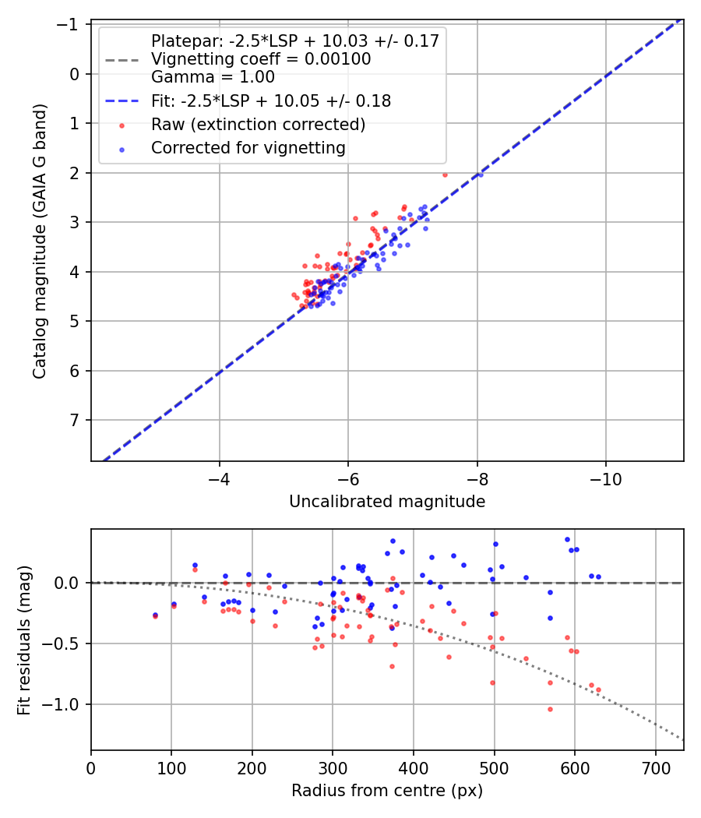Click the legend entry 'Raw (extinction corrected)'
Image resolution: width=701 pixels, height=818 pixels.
click(258, 125)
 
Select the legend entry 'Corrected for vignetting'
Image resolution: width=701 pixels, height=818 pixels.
click(248, 147)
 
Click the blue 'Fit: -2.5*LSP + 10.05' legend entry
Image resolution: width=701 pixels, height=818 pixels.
click(270, 101)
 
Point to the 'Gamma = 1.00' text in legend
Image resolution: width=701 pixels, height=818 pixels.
click(213, 77)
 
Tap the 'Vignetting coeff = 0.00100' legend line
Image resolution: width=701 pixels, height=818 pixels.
click(260, 59)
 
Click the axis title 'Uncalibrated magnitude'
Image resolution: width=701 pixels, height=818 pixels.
click(387, 502)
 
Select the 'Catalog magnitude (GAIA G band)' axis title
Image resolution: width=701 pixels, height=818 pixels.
click(40, 242)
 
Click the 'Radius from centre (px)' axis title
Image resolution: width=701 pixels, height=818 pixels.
click(387, 791)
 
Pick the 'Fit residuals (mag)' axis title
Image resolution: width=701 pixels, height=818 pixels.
click(24, 640)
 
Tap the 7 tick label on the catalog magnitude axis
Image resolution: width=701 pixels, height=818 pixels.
click(75, 421)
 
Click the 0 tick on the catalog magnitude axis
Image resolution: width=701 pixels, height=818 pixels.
click(75, 74)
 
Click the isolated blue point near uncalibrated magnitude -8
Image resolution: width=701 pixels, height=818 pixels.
click(481, 175)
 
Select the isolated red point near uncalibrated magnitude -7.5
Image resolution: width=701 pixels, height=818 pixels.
click(445, 175)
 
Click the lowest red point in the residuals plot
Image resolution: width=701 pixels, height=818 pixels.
click(550, 709)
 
